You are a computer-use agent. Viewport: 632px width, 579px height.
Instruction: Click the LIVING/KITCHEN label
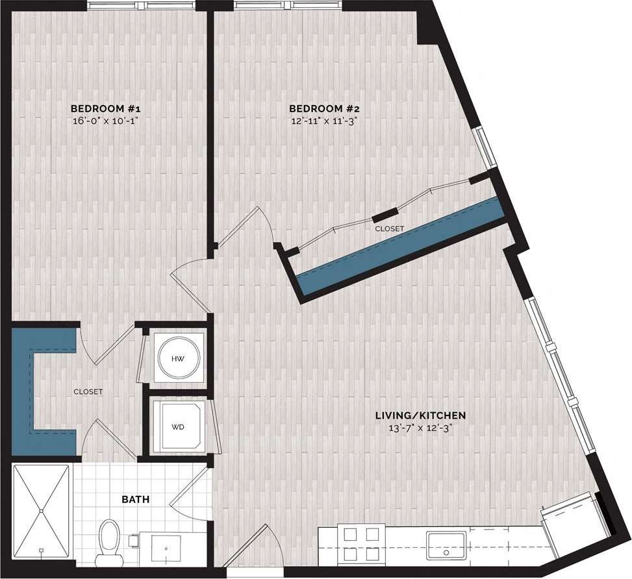(x=422, y=415)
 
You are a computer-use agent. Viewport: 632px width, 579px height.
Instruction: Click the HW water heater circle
(x=177, y=358)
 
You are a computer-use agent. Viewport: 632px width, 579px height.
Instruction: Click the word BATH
(x=136, y=499)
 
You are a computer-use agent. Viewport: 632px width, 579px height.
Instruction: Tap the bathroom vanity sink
(x=166, y=548)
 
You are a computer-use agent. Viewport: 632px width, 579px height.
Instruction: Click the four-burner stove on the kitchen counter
(x=358, y=542)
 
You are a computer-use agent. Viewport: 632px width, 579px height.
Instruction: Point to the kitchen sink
(x=446, y=543)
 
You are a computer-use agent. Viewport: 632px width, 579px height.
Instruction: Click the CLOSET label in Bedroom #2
(x=389, y=228)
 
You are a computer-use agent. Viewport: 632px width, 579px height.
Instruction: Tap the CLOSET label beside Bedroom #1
(x=88, y=391)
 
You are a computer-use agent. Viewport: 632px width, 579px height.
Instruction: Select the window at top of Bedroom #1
(x=142, y=5)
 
